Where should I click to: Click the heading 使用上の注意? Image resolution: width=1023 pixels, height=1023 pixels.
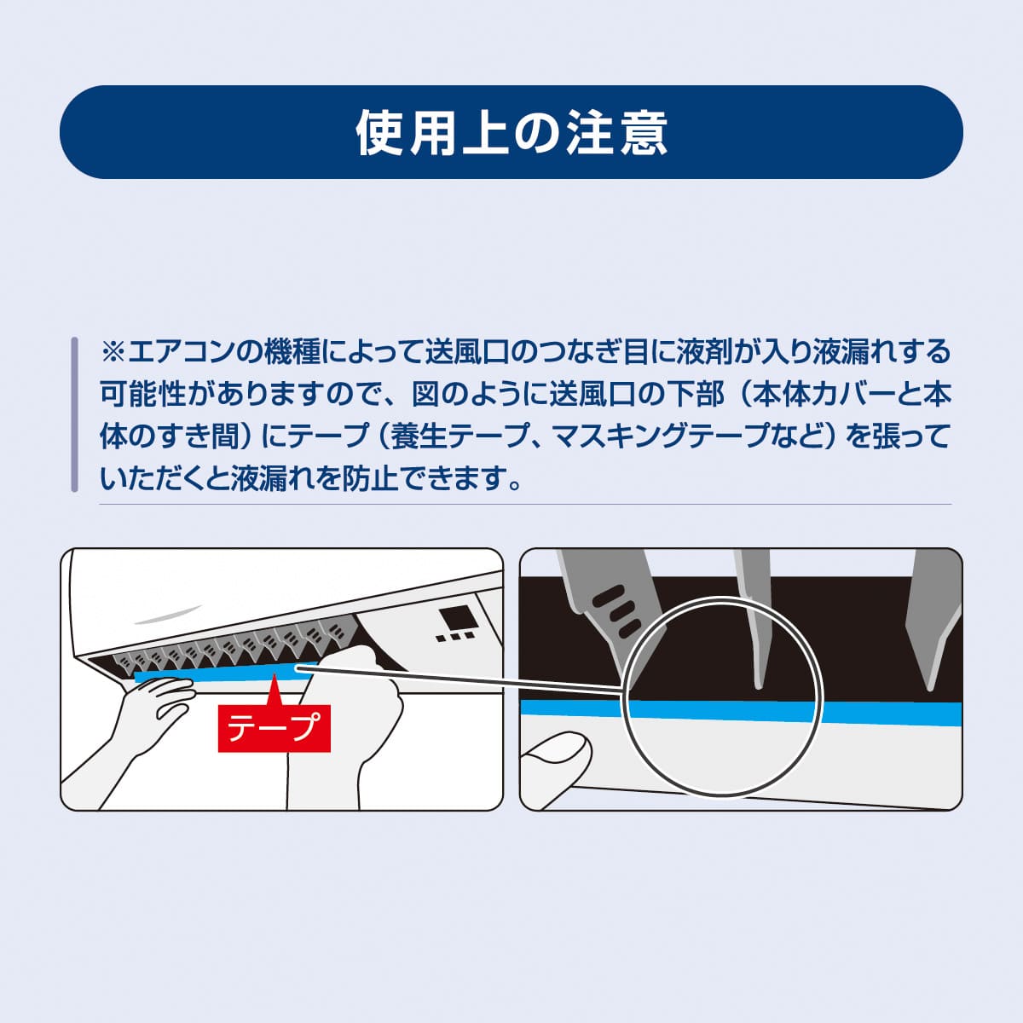coord(511,133)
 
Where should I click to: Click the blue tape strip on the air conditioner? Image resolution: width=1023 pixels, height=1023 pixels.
coord(213,673)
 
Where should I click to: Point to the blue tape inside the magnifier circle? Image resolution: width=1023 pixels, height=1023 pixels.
coord(725,710)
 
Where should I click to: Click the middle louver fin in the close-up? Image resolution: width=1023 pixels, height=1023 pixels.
coord(754,622)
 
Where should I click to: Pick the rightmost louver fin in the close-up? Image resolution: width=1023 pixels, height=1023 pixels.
coord(933,622)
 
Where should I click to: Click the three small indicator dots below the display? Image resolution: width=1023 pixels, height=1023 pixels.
coord(454,637)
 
